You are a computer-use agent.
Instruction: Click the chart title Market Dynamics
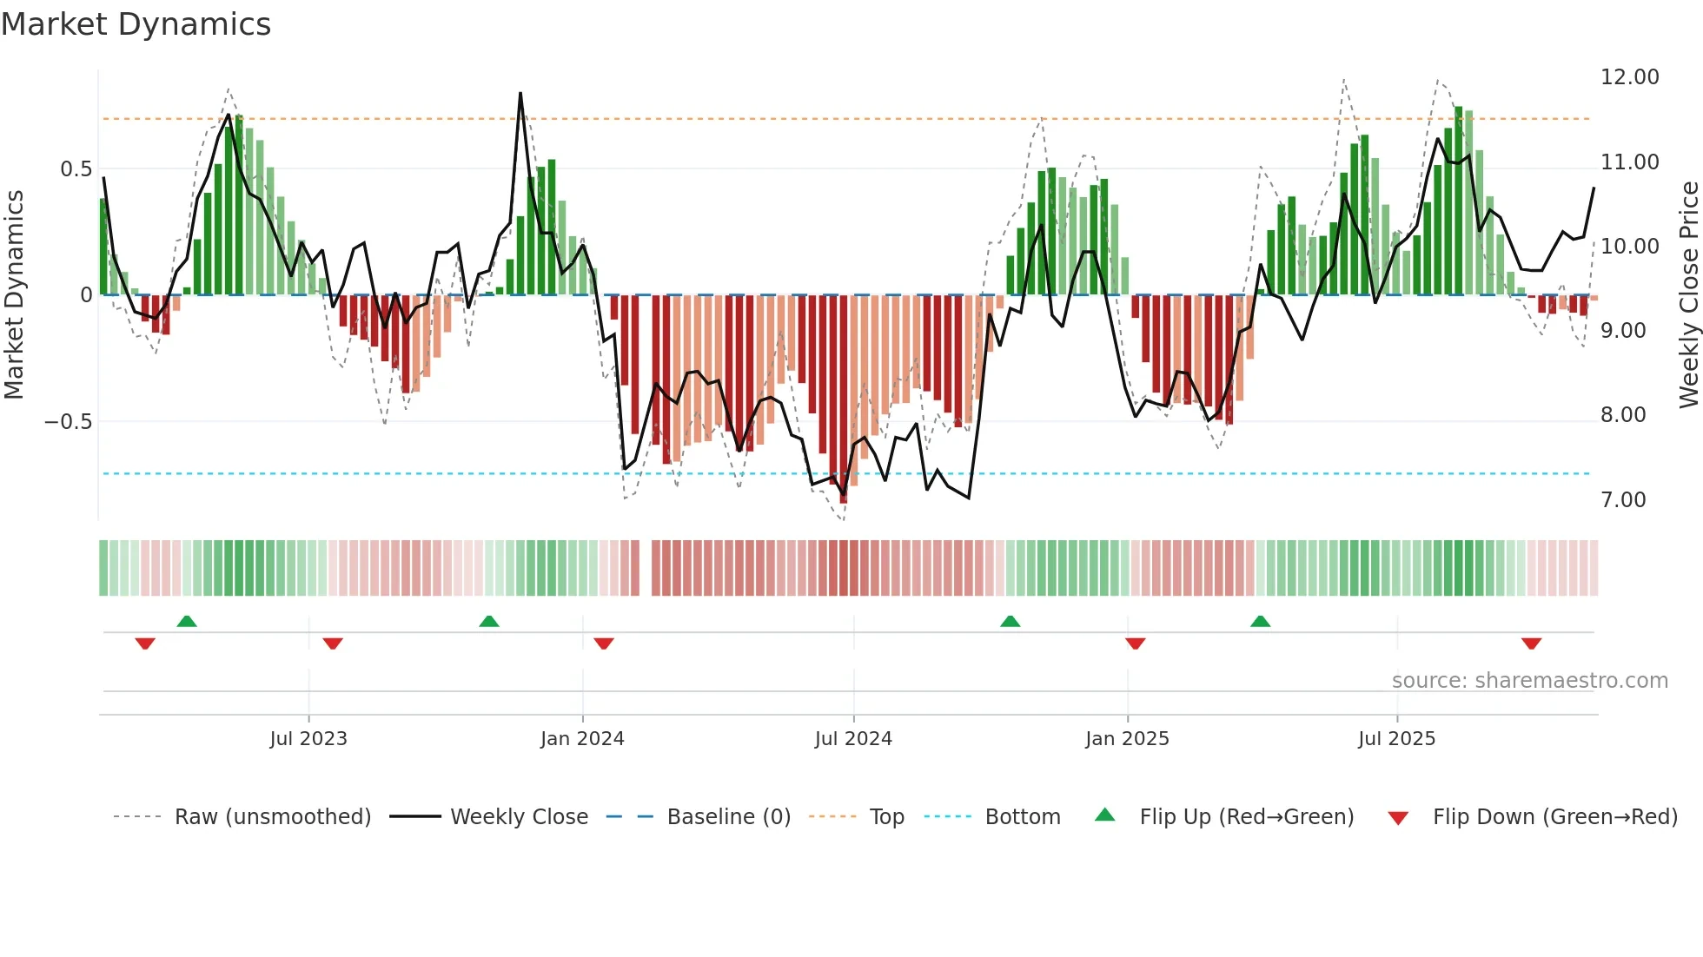(x=136, y=24)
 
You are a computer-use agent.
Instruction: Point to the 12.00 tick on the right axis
(x=1629, y=77)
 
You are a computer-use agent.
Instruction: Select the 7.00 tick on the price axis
(x=1623, y=500)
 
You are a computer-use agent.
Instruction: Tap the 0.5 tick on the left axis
(x=76, y=169)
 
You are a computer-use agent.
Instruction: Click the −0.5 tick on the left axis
(x=68, y=422)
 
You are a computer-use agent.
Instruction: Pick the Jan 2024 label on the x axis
(x=582, y=739)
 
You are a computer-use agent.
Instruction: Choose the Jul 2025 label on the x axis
(x=1396, y=739)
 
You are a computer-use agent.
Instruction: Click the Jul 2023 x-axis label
(x=308, y=739)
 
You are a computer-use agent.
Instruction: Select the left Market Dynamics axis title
(x=14, y=295)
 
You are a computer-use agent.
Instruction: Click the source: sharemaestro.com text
(x=1529, y=681)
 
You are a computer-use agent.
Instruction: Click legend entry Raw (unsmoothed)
(x=272, y=817)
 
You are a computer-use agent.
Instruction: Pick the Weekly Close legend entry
(x=519, y=817)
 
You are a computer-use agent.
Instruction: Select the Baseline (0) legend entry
(x=728, y=817)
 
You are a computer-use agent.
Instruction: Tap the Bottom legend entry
(x=1022, y=817)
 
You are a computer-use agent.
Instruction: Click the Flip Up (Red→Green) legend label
(x=1246, y=817)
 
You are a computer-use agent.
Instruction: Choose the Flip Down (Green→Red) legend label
(x=1554, y=817)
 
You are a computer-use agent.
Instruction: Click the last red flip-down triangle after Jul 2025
(x=1531, y=643)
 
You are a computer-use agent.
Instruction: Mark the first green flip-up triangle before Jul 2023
(x=187, y=621)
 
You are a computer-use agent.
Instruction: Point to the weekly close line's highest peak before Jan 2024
(x=520, y=93)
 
